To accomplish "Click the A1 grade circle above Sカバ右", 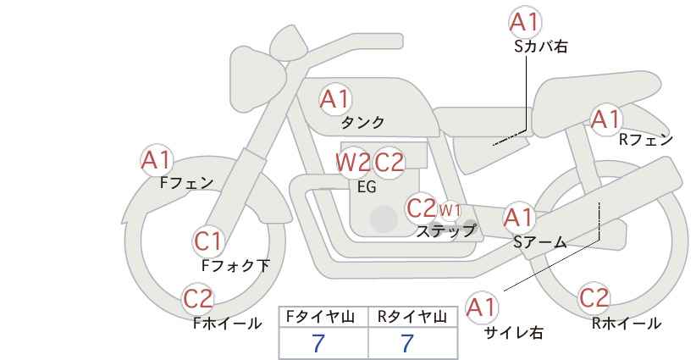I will pyautogui.click(x=525, y=23).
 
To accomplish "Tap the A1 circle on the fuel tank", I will pyautogui.click(x=334, y=99).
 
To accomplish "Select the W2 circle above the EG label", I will pyautogui.click(x=352, y=162).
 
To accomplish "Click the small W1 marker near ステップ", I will pyautogui.click(x=450, y=209).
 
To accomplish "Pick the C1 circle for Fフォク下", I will pyautogui.click(x=208, y=241).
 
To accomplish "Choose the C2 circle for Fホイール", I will pyautogui.click(x=199, y=298).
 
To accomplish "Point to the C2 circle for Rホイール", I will pyautogui.click(x=594, y=298).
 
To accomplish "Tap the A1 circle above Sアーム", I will pyautogui.click(x=518, y=218).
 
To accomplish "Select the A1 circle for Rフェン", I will pyautogui.click(x=605, y=119).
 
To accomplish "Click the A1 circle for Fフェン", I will pyautogui.click(x=157, y=158).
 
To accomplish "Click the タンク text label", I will pyautogui.click(x=362, y=122).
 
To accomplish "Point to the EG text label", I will pyautogui.click(x=367, y=187).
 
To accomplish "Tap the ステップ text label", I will pyautogui.click(x=445, y=230).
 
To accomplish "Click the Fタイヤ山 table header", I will pyautogui.click(x=323, y=316).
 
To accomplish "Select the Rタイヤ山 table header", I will pyautogui.click(x=412, y=316).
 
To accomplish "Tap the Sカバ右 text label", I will pyautogui.click(x=540, y=47).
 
